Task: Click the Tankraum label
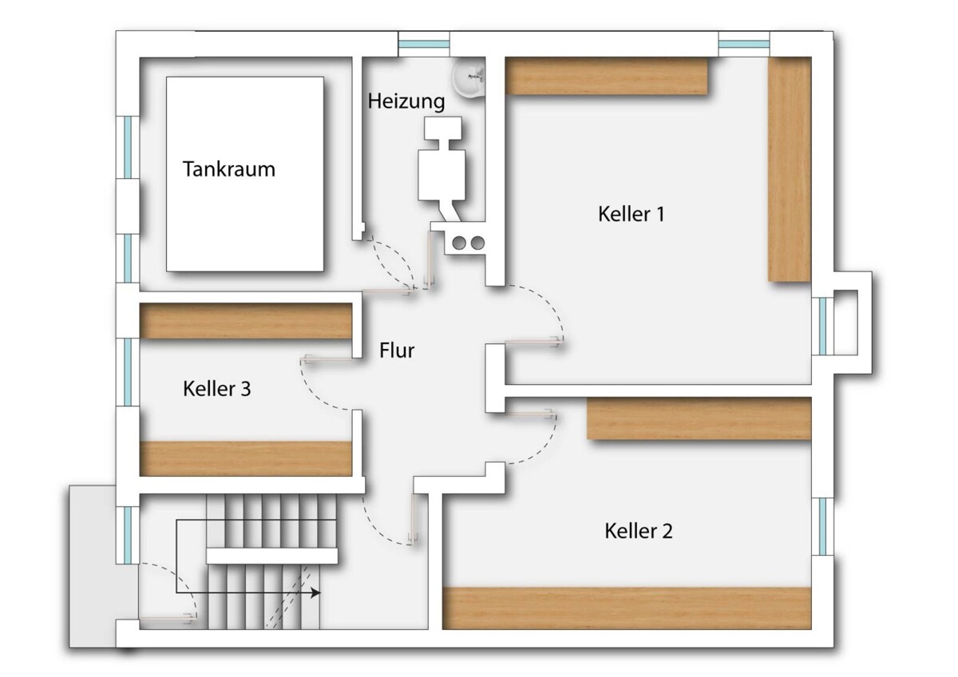tap(229, 169)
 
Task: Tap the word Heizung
tap(406, 101)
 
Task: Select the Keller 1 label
tap(631, 214)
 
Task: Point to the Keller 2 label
tap(639, 531)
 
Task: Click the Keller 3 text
tap(217, 389)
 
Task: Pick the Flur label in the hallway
tap(397, 350)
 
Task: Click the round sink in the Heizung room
tap(469, 77)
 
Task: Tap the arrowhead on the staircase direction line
tap(315, 592)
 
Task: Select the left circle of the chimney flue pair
tap(459, 243)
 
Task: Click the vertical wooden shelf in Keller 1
tap(790, 169)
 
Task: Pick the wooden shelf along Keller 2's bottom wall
tap(627, 608)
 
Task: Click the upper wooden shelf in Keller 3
tap(246, 321)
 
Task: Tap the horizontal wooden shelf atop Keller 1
tap(607, 76)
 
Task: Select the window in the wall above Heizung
tap(424, 44)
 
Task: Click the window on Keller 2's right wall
tap(822, 526)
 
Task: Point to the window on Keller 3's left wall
tap(128, 372)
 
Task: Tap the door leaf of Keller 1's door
tap(534, 341)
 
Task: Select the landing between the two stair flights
tap(272, 556)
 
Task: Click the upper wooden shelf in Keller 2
tap(699, 418)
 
